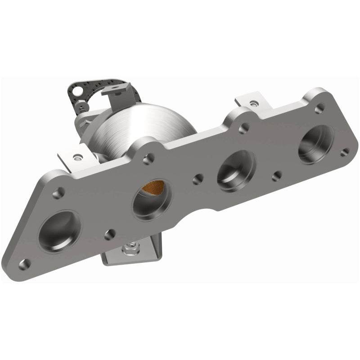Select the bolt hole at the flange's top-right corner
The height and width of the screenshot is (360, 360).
coord(320,108)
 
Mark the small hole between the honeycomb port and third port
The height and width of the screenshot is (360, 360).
coord(197,180)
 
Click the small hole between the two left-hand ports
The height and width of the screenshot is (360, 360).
coord(108,234)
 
